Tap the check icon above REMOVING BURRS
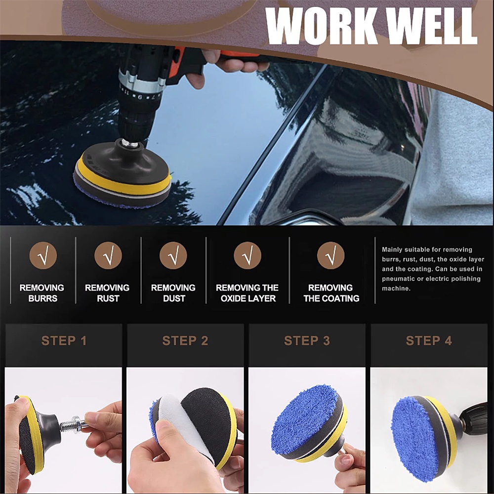point(43,255)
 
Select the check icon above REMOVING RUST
point(108,255)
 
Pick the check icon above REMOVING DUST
point(173,255)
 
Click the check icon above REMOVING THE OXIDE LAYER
point(247,255)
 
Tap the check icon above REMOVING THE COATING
point(330,255)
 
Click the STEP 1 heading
point(64,340)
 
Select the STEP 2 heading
point(185,340)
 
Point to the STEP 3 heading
point(307,340)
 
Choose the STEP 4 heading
point(428,340)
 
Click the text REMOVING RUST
point(107,293)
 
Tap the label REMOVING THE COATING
point(331,293)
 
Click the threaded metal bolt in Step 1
point(72,424)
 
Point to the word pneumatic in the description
point(400,279)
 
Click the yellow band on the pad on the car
point(123,184)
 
